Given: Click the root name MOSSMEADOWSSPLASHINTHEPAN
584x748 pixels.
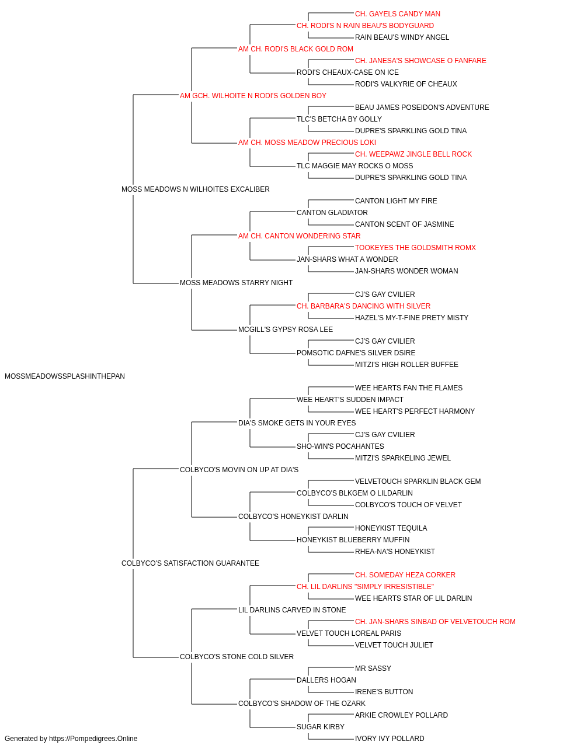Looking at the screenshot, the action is coord(65,376).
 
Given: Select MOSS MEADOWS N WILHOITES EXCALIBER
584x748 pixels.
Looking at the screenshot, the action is coord(196,189).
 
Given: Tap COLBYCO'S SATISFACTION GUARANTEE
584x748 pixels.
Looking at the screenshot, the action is coord(190,563).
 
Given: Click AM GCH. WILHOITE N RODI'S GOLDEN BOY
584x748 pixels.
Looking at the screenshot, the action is coord(253,96).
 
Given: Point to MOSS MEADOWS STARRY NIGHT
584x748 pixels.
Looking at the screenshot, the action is coord(236,283).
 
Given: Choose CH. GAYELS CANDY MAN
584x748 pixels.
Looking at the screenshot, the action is coord(397,14).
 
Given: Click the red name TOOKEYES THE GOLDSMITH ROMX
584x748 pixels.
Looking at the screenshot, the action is coord(415,248).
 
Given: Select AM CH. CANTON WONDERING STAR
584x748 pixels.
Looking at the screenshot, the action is coord(299,236).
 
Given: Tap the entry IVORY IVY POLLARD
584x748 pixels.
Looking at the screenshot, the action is coord(390,739).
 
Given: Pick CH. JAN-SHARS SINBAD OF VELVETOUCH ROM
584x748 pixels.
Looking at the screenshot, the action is coord(435,621).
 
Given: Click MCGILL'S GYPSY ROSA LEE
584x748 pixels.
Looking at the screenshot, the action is coord(286,330).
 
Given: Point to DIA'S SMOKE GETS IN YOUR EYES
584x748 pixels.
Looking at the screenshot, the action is coord(297,423).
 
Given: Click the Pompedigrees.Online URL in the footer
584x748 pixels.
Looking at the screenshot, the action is coord(93,739).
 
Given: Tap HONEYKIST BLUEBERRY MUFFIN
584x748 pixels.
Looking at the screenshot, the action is coord(353,540).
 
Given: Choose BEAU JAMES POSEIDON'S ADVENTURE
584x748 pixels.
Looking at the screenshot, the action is coord(422,108).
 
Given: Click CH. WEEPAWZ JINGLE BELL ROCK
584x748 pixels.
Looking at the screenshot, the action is coord(413,154).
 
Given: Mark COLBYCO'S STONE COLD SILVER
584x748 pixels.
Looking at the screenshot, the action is coord(237,656).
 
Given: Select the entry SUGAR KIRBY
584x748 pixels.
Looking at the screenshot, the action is coord(320,726).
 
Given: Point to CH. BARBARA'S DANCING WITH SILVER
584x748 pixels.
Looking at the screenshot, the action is coord(363,306).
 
